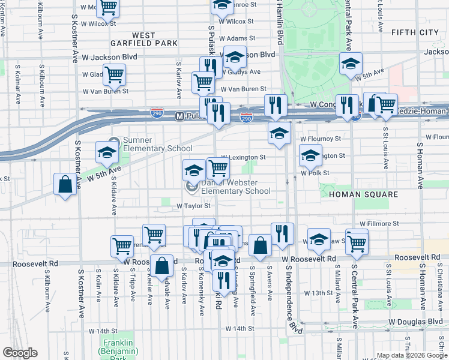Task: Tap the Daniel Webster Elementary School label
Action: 235,187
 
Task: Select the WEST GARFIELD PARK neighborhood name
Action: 143,39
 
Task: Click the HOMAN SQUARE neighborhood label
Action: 368,194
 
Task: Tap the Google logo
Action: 20,352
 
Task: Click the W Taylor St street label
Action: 193,206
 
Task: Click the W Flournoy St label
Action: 321,138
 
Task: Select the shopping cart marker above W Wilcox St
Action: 109,7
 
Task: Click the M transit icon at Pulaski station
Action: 179,116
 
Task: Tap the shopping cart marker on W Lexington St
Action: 217,167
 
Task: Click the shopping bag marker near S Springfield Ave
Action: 260,244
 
